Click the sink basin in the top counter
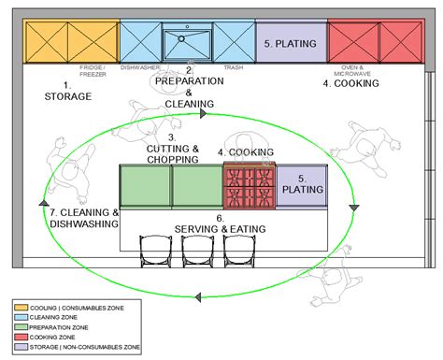point(187,44)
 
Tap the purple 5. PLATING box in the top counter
point(291,44)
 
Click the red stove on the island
point(250,186)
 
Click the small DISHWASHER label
point(141,67)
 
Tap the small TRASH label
point(233,67)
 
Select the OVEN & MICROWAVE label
point(350,71)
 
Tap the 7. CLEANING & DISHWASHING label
point(84,218)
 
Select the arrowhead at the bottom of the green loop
point(198,298)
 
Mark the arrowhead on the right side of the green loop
point(353,207)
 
